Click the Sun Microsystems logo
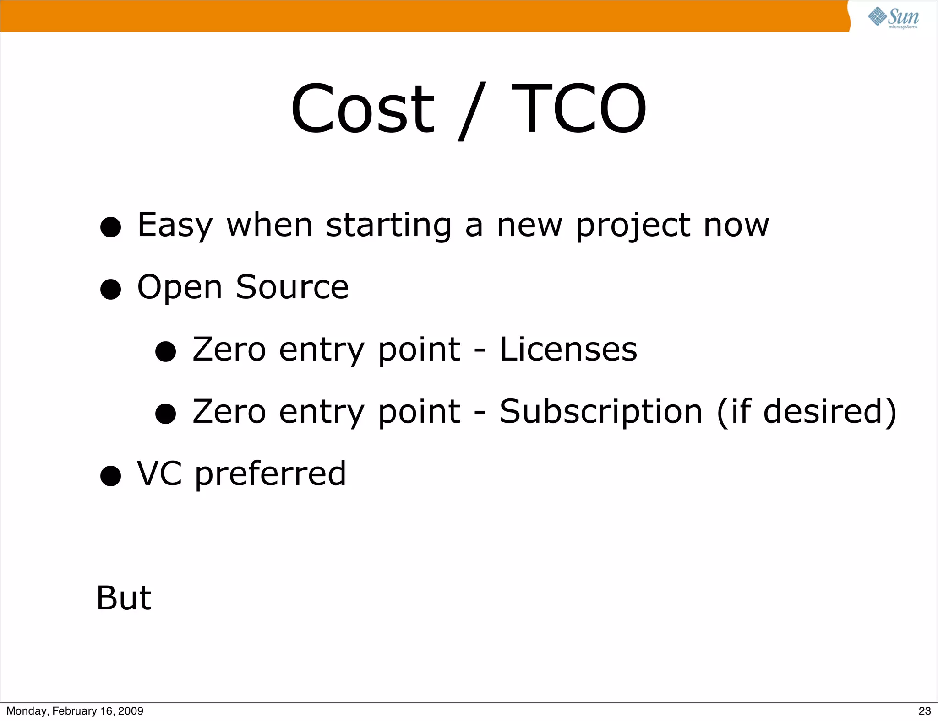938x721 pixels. (894, 17)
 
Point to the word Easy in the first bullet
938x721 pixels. (175, 226)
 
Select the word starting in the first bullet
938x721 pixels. (389, 226)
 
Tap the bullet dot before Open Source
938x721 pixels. (110, 290)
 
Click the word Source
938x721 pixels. (292, 287)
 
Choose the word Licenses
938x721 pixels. (568, 350)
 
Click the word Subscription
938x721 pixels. (600, 412)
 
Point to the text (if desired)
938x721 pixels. (806, 412)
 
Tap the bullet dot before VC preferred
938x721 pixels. (110, 476)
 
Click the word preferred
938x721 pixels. (270, 474)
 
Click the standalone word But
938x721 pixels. (124, 598)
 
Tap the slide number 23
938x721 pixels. (924, 711)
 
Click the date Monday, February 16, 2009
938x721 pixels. (75, 711)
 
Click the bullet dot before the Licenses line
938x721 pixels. (165, 352)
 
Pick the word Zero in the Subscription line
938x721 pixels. (229, 412)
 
